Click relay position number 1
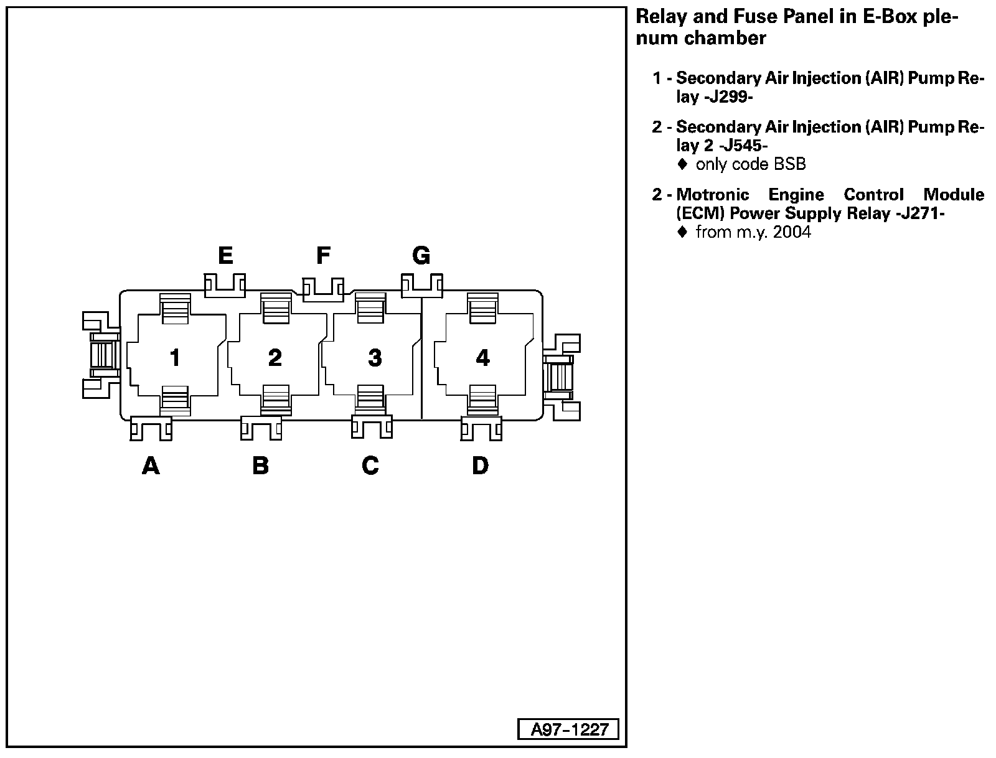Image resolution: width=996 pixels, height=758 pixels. (175, 357)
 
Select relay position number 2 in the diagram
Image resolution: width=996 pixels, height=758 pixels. (275, 357)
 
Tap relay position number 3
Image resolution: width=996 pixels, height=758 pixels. (374, 357)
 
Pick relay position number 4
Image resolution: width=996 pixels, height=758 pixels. (482, 357)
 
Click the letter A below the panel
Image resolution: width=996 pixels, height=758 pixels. (151, 465)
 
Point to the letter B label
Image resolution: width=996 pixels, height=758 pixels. (260, 465)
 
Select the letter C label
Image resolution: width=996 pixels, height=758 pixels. (370, 465)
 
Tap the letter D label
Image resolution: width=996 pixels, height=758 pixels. (480, 465)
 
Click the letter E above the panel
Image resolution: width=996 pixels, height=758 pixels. (225, 255)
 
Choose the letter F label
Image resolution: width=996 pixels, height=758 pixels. (323, 255)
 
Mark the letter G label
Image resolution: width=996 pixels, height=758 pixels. (421, 255)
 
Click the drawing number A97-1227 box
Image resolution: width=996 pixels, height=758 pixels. (568, 729)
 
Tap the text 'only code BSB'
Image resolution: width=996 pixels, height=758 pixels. (750, 164)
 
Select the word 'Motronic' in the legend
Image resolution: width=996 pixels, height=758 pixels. (712, 195)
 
